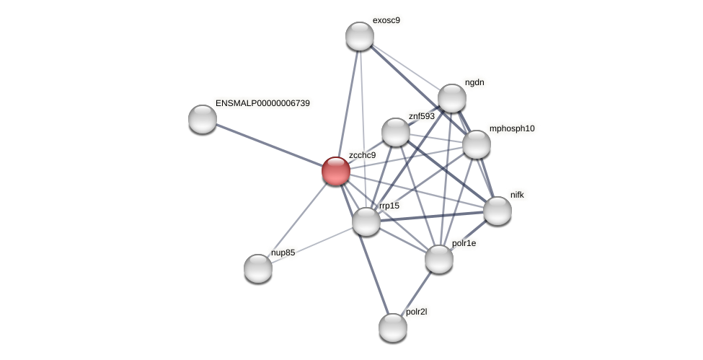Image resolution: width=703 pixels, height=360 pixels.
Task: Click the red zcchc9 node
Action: (335, 171)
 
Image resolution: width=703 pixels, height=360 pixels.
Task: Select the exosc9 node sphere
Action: (359, 36)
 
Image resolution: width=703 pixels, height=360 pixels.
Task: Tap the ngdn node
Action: (451, 98)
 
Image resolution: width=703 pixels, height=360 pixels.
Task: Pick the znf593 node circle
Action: (395, 131)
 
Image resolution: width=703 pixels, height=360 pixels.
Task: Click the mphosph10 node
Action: (476, 144)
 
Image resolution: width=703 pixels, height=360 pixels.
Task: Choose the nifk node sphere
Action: (497, 210)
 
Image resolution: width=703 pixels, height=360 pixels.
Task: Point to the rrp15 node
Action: (366, 221)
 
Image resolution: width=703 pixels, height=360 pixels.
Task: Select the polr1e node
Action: (438, 258)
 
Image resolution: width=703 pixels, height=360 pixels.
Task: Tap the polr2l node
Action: (392, 327)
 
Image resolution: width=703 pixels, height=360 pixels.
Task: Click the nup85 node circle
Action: (257, 268)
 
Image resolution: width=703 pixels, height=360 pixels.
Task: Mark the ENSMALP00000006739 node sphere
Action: (202, 118)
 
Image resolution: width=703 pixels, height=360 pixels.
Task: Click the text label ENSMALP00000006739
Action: (262, 103)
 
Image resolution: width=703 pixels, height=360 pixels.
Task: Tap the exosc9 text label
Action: (386, 20)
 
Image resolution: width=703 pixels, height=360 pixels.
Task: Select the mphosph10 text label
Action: (512, 129)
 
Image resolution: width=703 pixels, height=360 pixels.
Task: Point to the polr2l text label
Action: (417, 312)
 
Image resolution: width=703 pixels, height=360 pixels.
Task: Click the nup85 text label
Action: (283, 253)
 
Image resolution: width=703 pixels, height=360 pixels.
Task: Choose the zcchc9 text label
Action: (362, 155)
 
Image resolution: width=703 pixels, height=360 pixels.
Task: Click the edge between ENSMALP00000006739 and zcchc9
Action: (268, 144)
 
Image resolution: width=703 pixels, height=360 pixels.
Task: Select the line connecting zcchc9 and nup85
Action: (296, 219)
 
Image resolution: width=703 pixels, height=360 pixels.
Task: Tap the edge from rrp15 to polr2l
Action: (379, 274)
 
